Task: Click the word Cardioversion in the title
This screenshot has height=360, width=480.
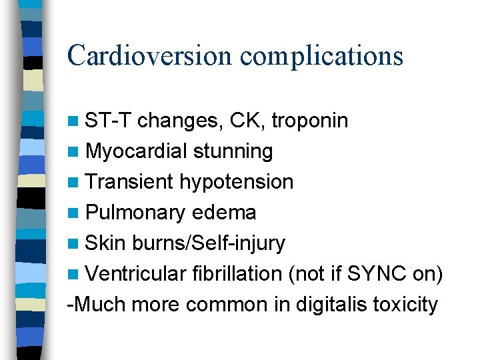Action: click(x=150, y=55)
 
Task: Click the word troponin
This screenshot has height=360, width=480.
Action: click(x=311, y=121)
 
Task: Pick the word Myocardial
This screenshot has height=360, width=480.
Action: click(x=136, y=152)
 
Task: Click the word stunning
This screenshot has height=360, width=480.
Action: click(x=233, y=152)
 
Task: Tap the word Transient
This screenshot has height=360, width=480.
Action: click(x=130, y=182)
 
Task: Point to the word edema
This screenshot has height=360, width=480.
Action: click(x=223, y=213)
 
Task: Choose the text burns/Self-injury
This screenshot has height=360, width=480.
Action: click(x=209, y=243)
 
